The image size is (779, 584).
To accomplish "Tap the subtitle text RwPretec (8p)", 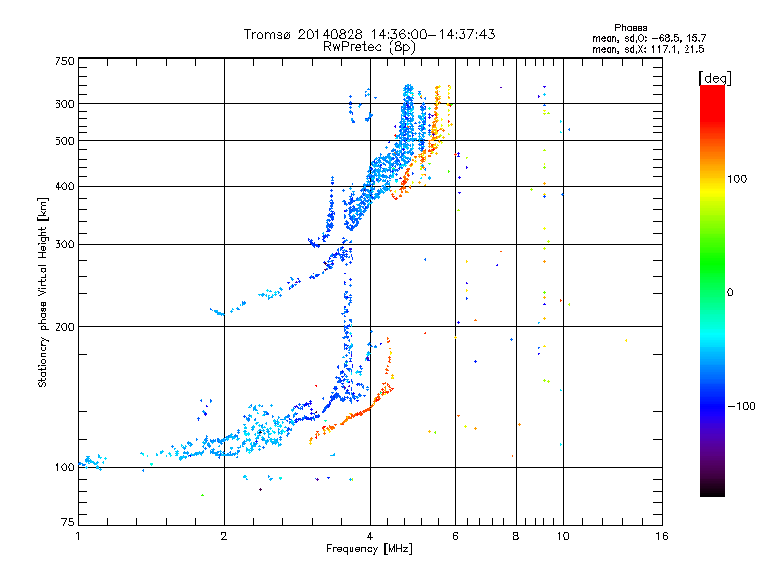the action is (369, 47).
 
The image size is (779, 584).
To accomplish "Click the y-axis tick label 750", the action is (65, 61).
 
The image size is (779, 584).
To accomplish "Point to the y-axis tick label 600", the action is (65, 104).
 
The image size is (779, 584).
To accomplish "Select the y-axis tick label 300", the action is (65, 245).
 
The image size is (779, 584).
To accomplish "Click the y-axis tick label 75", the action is (68, 522).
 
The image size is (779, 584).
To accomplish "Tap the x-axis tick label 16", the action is (662, 536).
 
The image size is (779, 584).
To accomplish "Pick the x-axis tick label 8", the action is (516, 536).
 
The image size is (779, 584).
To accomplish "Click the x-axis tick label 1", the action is (78, 536).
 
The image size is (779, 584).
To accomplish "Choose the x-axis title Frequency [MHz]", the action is (370, 549).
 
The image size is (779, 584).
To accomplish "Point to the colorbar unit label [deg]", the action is (716, 78).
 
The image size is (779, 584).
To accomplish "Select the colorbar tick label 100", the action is (737, 179).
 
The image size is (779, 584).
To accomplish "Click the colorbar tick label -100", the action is (741, 406).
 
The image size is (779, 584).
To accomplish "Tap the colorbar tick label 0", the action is (730, 293).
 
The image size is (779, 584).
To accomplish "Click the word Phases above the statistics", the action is (631, 28).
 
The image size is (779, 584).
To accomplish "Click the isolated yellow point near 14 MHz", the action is (626, 340).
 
